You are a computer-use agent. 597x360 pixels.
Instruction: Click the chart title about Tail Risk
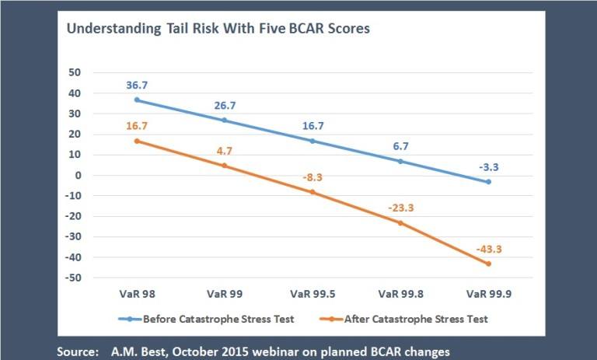tap(218, 30)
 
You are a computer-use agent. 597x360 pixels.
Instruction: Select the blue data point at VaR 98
tap(137, 100)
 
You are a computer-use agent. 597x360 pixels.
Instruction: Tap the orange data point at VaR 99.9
tap(488, 264)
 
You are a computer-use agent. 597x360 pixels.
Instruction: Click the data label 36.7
tap(137, 86)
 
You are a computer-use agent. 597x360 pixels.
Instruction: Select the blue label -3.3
tap(488, 166)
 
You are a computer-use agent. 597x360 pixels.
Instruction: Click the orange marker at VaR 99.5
tap(312, 192)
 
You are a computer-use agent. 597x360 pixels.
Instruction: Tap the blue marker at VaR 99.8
tap(400, 162)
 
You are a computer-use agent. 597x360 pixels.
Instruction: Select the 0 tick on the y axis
tap(78, 176)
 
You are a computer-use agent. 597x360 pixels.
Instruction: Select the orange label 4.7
tap(225, 149)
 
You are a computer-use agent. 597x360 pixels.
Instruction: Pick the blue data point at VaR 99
tap(225, 121)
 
